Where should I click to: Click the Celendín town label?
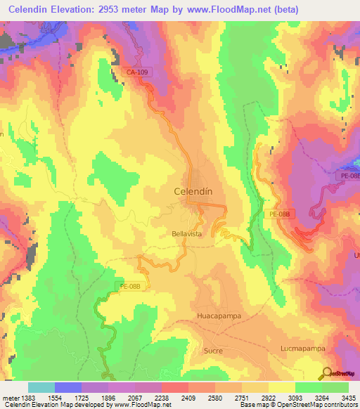[193, 190]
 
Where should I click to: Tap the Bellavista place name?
[187, 233]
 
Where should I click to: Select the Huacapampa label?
[219, 316]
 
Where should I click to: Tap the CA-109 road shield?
[138, 72]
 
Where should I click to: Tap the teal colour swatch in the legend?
[41, 387]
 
